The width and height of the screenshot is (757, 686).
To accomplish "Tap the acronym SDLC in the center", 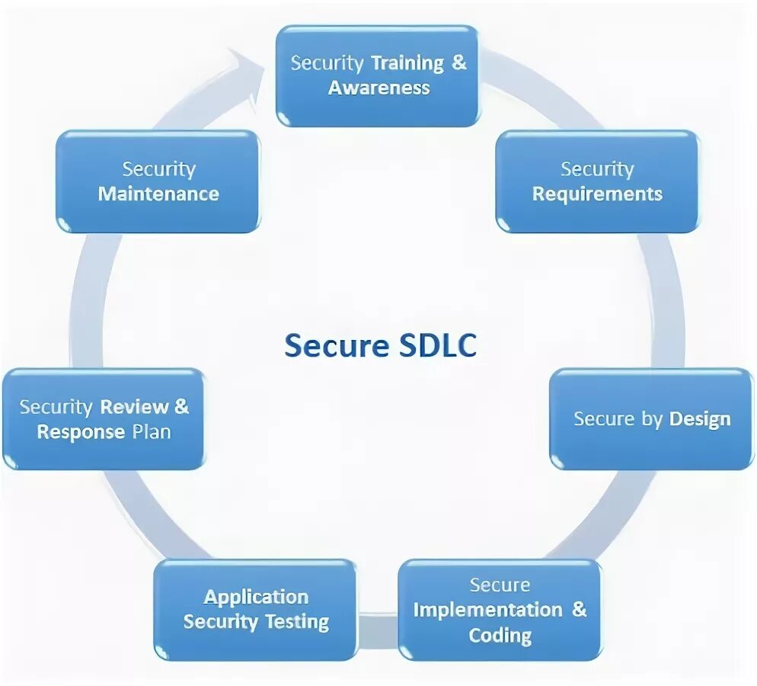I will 437,346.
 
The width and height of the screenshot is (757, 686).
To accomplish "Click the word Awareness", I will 379,88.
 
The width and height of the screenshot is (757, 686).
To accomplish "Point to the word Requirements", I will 597,194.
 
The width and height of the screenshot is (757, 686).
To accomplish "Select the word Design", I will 699,418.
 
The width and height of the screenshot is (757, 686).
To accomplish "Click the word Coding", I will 500,635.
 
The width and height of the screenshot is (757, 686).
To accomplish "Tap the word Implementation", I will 487,610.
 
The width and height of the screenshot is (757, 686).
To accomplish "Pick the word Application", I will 256,597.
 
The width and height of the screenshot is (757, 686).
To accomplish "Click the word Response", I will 81,432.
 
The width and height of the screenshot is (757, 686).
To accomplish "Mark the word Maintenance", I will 158,194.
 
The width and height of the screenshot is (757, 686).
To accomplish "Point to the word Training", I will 407,63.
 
